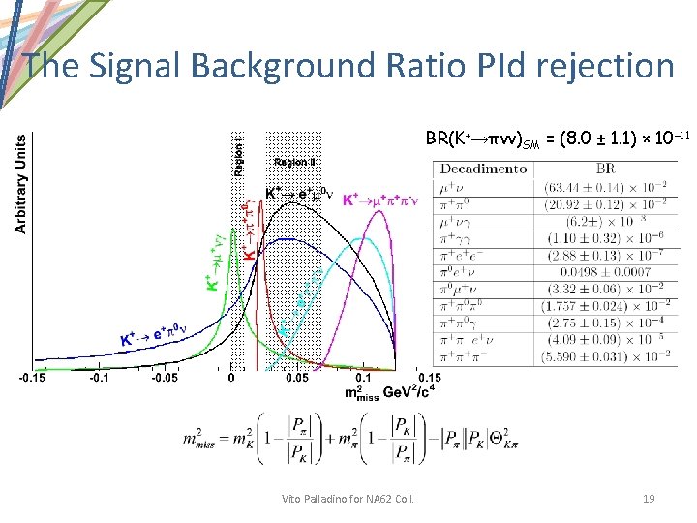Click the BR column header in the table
tap(607, 169)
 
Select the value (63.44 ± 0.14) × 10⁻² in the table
tap(608, 187)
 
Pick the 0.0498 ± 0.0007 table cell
tap(608, 272)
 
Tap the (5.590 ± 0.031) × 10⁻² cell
tap(608, 356)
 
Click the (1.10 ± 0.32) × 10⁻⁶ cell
tap(608, 238)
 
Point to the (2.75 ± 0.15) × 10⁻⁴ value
tap(608, 323)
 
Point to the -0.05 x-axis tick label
tap(166, 379)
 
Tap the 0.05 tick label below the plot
tap(296, 379)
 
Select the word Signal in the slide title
tap(134, 66)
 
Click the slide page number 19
tap(649, 498)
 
